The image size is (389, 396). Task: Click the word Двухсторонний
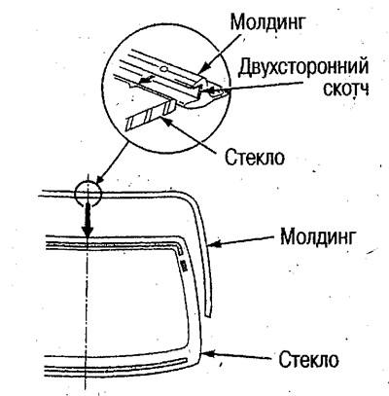point(303,68)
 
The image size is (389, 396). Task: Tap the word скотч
point(346,90)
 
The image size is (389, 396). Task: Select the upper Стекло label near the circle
point(255,158)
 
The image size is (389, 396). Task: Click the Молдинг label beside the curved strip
point(318,236)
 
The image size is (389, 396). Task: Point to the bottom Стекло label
point(308,359)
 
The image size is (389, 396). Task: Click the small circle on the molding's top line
point(88,194)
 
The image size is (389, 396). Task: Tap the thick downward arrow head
point(88,232)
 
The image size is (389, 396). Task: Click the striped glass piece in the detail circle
point(151,115)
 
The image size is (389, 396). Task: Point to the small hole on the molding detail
point(164,68)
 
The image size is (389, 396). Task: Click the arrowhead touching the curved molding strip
point(213,243)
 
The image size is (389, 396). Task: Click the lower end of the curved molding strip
point(209,315)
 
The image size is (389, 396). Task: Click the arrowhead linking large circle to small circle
point(100,178)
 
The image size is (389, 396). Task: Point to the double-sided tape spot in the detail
point(212,92)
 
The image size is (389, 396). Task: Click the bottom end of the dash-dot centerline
point(86,388)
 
